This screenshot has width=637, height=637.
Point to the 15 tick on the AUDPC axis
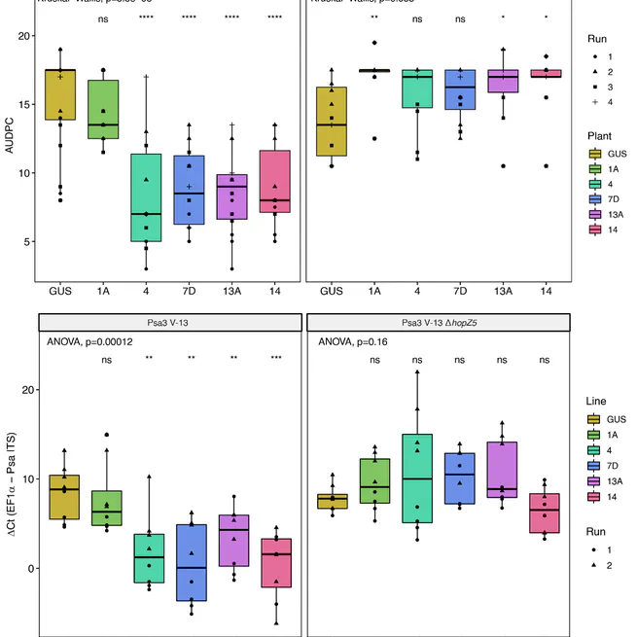coord(26,104)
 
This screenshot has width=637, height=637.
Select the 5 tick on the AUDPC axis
coord(26,242)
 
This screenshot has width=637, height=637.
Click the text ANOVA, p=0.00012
coord(93,342)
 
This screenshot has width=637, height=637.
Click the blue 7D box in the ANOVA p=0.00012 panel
coord(190,562)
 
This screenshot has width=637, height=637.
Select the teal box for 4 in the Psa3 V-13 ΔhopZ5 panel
coord(417,478)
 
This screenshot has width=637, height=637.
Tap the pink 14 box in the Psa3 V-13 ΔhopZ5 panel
coord(546,513)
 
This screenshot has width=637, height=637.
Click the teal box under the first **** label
coord(147,197)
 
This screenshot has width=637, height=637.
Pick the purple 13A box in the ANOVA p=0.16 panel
coord(503,470)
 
